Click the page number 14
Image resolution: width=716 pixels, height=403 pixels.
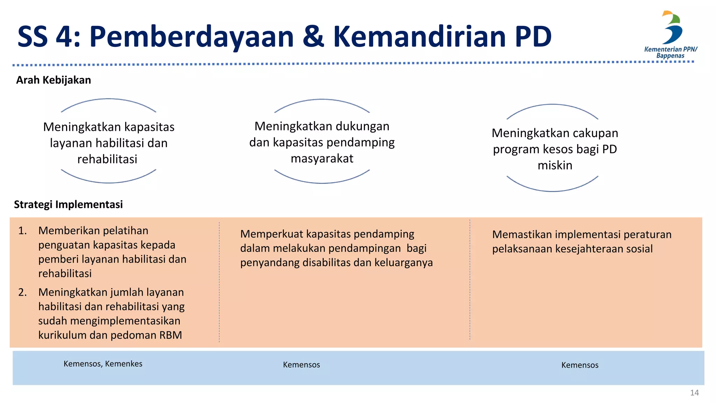pyautogui.click(x=694, y=393)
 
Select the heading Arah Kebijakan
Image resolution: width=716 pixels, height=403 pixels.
pyautogui.click(x=53, y=80)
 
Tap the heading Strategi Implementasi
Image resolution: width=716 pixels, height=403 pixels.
pyautogui.click(x=68, y=205)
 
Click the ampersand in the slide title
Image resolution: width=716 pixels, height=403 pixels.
pyautogui.click(x=313, y=37)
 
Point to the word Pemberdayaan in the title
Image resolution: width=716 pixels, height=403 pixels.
pyautogui.click(x=192, y=37)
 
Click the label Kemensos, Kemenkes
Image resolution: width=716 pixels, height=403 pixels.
pyautogui.click(x=103, y=364)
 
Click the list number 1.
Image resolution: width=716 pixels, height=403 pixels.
pyautogui.click(x=22, y=231)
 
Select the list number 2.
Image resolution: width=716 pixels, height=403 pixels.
pyautogui.click(x=22, y=292)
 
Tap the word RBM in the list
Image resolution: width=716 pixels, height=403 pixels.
pyautogui.click(x=171, y=335)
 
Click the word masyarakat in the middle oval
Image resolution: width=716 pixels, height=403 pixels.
pyautogui.click(x=322, y=158)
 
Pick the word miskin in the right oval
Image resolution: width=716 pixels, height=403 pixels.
pyautogui.click(x=555, y=165)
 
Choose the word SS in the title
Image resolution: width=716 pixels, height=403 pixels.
pyautogui.click(x=33, y=37)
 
